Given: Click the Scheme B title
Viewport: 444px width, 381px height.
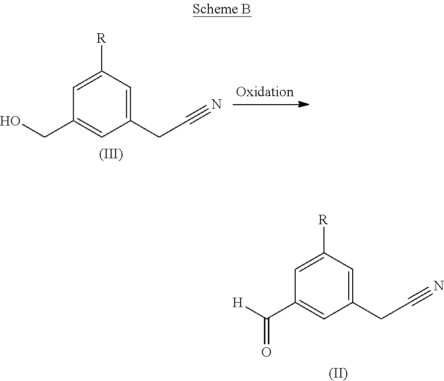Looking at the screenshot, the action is click(221, 10).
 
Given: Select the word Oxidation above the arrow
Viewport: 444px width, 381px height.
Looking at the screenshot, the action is click(264, 92).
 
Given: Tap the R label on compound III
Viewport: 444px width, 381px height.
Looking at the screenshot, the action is click(102, 38).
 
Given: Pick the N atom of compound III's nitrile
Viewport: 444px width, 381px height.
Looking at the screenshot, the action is click(216, 105).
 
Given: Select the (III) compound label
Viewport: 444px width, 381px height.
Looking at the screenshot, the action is click(111, 155).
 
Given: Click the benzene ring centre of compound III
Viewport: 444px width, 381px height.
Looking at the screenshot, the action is click(102, 104).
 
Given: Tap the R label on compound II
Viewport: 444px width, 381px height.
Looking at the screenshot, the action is click(323, 220).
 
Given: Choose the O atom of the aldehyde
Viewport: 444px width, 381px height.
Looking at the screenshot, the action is click(266, 353).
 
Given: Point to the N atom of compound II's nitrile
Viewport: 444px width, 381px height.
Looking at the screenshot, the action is click(438, 286).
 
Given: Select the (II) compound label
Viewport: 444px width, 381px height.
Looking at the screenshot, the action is click(338, 373).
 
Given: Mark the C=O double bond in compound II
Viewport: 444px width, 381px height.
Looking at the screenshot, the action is click(267, 332).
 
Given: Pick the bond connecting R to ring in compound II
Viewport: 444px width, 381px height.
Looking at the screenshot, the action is click(323, 241).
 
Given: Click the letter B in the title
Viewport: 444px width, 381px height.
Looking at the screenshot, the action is click(246, 10).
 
